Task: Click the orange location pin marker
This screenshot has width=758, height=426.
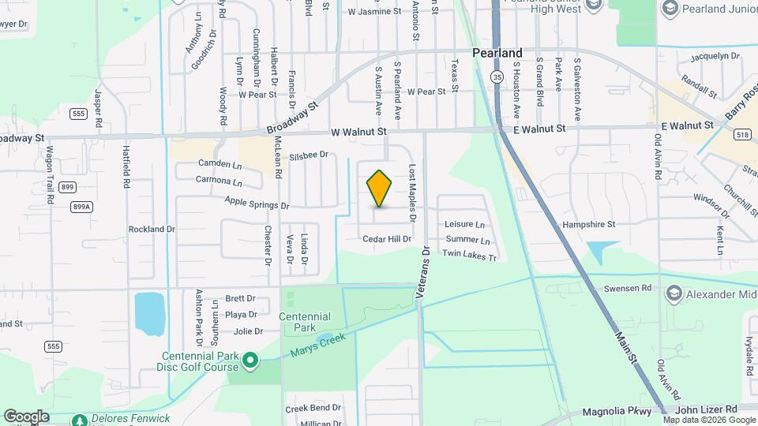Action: [380, 189]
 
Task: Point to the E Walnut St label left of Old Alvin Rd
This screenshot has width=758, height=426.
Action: [539, 128]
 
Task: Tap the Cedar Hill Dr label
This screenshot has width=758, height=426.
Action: [387, 239]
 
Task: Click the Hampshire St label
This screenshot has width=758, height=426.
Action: [588, 225]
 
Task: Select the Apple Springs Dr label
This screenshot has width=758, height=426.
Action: [257, 203]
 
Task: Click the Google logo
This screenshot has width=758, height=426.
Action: [25, 416]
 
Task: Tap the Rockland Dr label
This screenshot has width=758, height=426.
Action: [152, 229]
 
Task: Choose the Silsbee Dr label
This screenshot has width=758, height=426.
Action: [309, 155]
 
